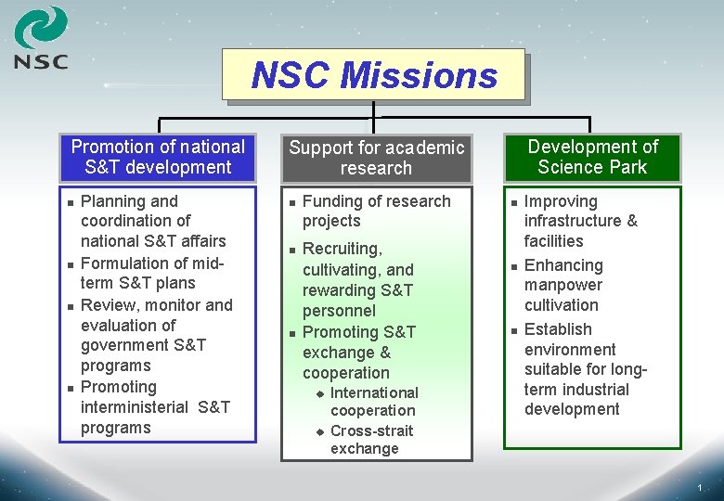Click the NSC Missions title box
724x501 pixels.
pos(373,74)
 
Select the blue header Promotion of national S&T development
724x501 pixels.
pos(158,157)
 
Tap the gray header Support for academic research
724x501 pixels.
pos(376,158)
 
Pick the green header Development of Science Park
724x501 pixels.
pos(592,157)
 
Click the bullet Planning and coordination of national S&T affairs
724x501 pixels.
pos(153,221)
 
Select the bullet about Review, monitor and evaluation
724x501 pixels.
pos(156,335)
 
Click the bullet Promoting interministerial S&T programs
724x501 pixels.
pos(155,407)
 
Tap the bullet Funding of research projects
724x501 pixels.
pos(376,212)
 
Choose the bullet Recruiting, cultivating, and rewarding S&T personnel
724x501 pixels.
pos(357,279)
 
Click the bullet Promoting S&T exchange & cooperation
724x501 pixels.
pos(359,353)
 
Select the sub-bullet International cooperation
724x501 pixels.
pos(374,401)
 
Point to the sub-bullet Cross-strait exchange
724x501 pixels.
pos(371,439)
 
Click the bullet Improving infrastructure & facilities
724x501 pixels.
pos(580,221)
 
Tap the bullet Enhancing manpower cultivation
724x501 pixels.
pos(563,285)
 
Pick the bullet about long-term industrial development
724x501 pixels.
pos(585,369)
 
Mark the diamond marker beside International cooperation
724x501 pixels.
pos(318,393)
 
